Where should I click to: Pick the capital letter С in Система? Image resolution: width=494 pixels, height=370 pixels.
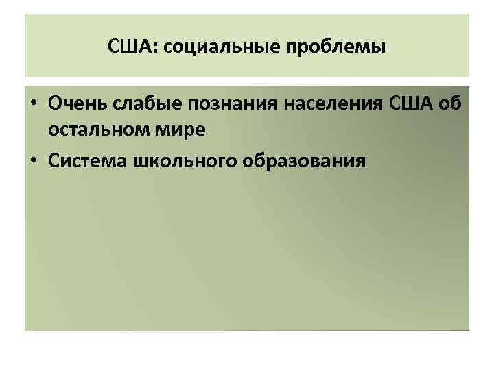54,161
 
